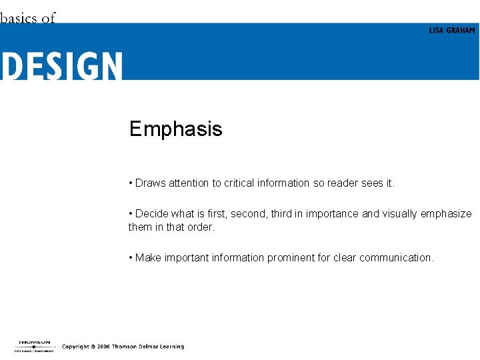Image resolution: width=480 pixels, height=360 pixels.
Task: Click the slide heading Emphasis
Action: pos(175,129)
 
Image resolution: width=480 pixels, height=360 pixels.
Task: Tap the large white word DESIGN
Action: pos(62,67)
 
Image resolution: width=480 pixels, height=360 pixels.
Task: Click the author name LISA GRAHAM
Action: pos(452,31)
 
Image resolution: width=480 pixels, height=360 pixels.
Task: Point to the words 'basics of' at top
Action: pos(28,18)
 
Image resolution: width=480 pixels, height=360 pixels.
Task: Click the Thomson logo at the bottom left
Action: pos(33,345)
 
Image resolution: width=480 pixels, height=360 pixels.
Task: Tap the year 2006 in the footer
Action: pos(103,347)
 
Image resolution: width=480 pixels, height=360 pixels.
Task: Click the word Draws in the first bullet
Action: pos(150,183)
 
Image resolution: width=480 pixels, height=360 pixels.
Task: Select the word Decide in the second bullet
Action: pos(151,214)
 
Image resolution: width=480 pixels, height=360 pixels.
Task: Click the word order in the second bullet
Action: pos(200,227)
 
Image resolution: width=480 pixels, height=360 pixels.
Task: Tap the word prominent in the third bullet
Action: pos(291,258)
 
